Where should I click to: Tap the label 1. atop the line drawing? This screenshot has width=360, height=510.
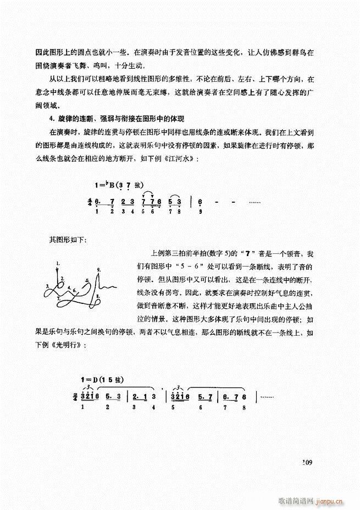click(57, 264)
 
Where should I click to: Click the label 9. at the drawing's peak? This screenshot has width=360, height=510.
click(98, 270)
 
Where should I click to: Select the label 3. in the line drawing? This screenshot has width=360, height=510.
click(48, 286)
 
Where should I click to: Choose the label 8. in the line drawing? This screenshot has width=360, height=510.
click(97, 297)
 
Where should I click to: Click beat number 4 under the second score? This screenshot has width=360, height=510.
click(154, 407)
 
